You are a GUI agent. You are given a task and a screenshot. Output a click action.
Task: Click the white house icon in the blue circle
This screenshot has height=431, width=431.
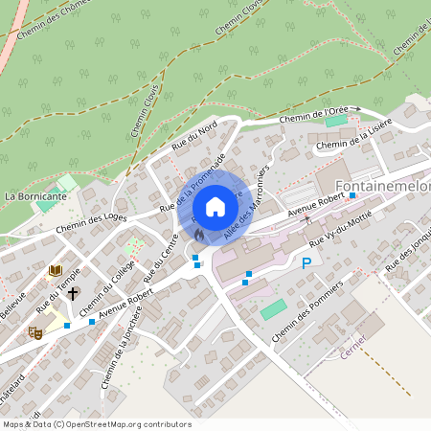[215, 206]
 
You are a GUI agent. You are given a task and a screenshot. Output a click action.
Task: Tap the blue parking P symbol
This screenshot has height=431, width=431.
[306, 263]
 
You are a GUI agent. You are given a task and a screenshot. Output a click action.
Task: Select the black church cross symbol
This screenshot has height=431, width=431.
[73, 293]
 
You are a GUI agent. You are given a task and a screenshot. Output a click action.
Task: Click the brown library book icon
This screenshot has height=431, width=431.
[55, 271]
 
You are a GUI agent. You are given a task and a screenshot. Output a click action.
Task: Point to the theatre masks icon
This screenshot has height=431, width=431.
[35, 331]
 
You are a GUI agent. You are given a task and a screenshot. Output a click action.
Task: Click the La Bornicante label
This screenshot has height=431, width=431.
[35, 195]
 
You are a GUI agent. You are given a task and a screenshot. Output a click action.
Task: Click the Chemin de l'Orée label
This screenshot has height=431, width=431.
[313, 114]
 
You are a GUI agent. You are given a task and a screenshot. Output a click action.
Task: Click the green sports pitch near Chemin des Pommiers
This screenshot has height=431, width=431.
[273, 309]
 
